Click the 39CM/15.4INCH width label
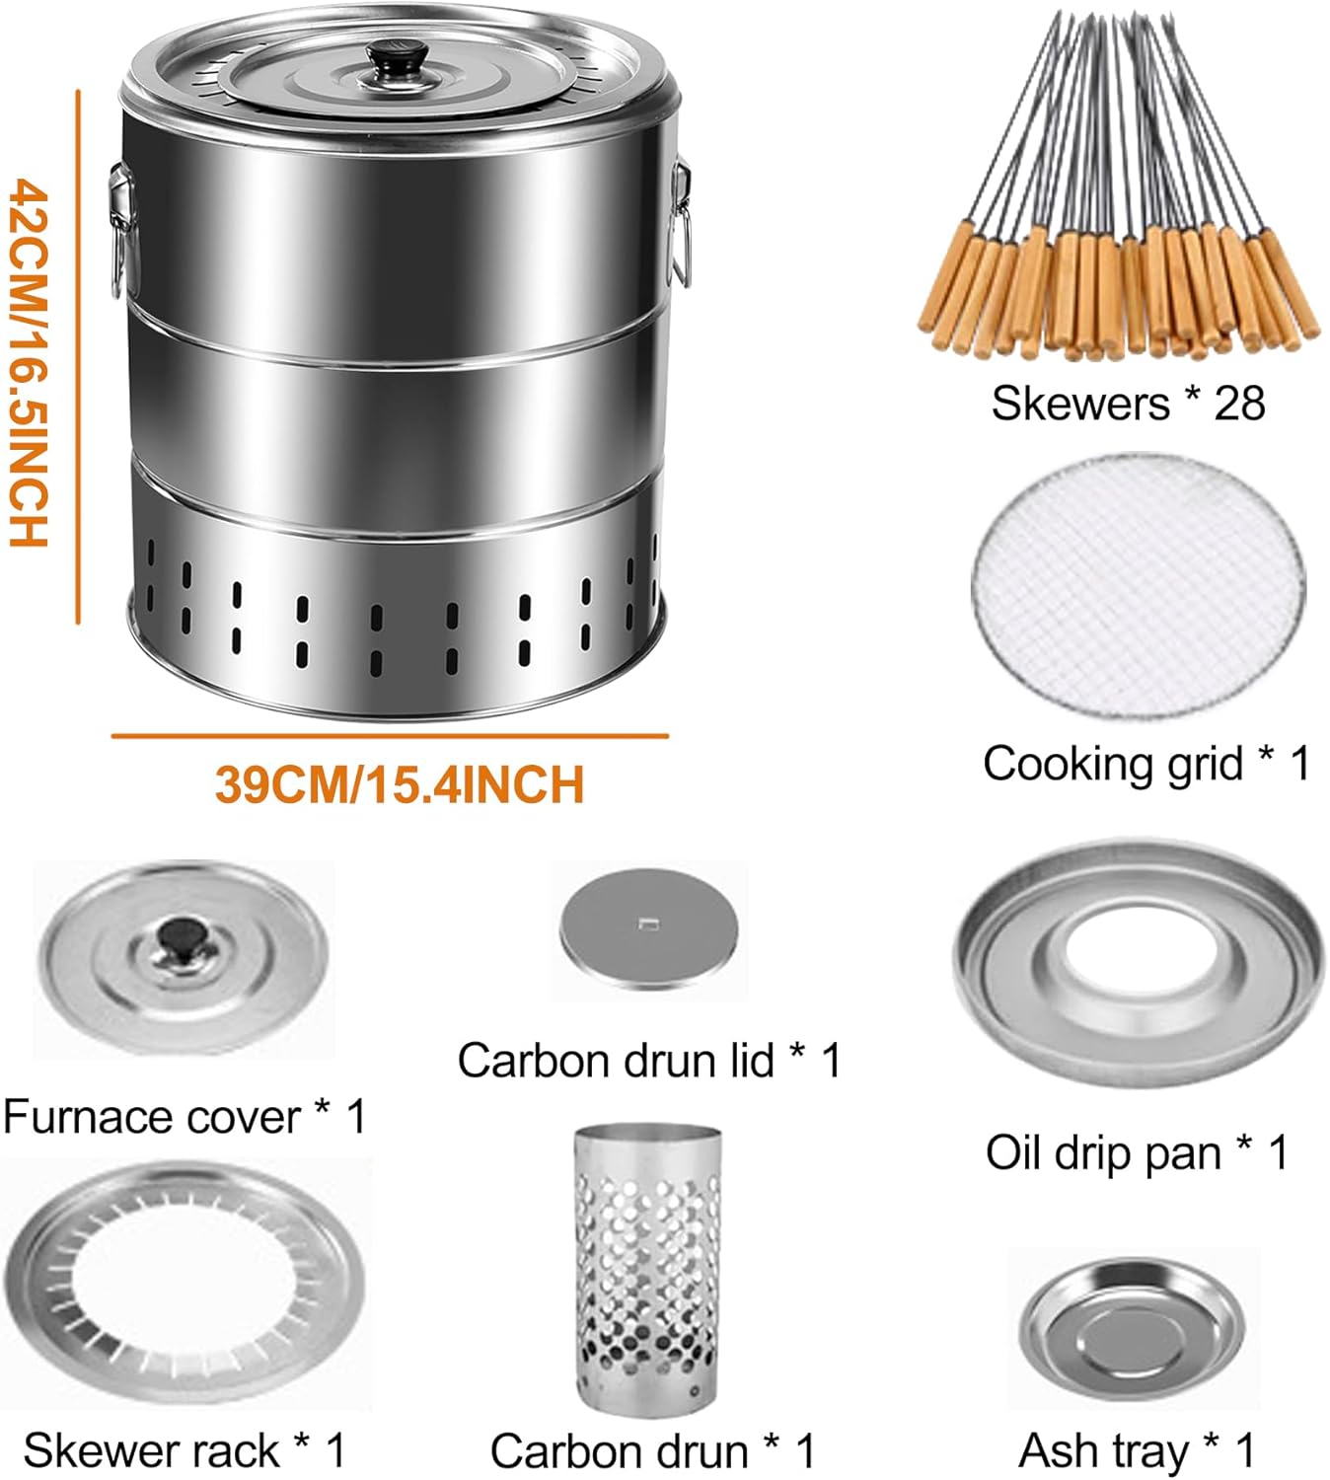399,785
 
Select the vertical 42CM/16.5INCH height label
29,361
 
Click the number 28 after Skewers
1238,404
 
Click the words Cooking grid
1113,764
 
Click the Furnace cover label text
150,1117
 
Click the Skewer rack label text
152,1450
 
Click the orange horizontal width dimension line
390,736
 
